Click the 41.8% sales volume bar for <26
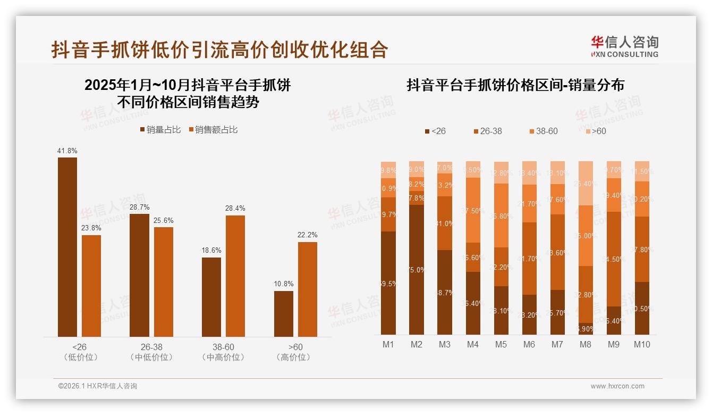[x=67, y=247]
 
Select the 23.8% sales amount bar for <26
[x=91, y=286]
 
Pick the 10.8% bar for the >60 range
[x=284, y=313]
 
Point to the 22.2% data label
[x=308, y=235]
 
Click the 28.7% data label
[x=139, y=206]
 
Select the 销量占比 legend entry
[x=160, y=130]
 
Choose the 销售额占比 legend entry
[x=212, y=130]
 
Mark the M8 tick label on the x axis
[x=586, y=345]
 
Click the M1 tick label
[x=388, y=345]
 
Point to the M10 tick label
[x=642, y=345]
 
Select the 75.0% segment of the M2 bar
[x=417, y=269]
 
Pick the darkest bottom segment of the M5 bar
[x=501, y=310]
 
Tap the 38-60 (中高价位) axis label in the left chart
[x=223, y=352]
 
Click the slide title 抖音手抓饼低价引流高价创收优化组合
[x=219, y=49]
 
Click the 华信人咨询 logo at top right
[x=624, y=46]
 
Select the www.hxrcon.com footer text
[x=617, y=386]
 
